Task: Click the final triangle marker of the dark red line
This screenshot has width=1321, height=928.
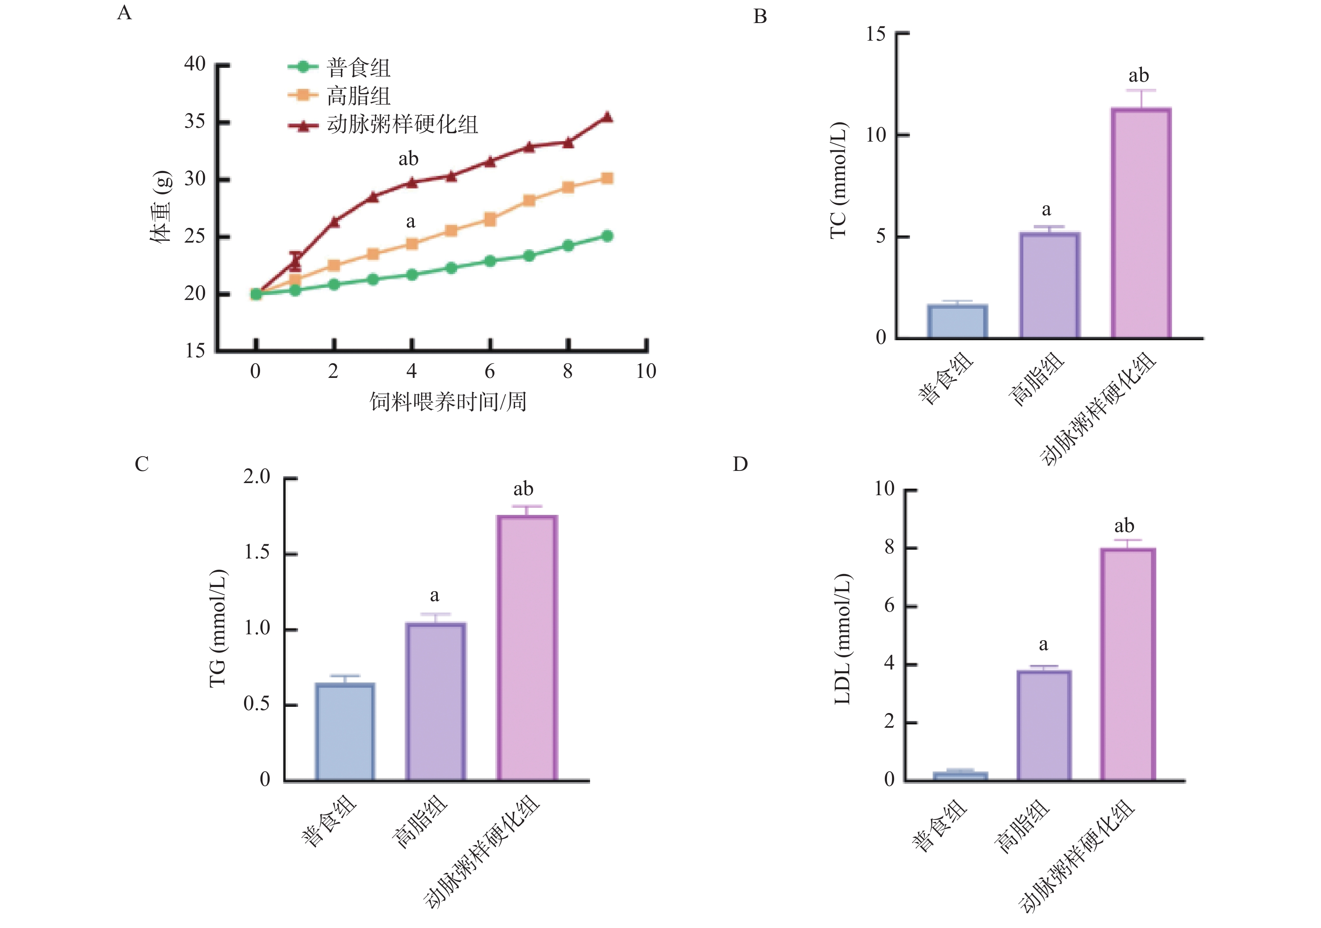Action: pos(607,117)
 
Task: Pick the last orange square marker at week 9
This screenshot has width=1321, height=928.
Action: pos(607,178)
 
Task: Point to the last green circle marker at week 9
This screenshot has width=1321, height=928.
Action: pos(607,236)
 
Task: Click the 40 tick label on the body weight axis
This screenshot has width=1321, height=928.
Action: pos(195,64)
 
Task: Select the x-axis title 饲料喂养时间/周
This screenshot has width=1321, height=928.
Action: pos(447,401)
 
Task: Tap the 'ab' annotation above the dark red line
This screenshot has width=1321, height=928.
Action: pos(408,159)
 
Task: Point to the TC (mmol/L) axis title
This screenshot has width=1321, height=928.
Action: pos(838,180)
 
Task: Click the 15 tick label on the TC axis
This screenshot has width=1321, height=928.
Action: pos(876,34)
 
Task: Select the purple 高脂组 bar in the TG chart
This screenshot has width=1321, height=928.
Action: pos(436,701)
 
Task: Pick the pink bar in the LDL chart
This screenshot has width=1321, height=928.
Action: pos(1128,664)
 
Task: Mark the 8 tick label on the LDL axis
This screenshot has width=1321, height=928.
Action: pos(889,547)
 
